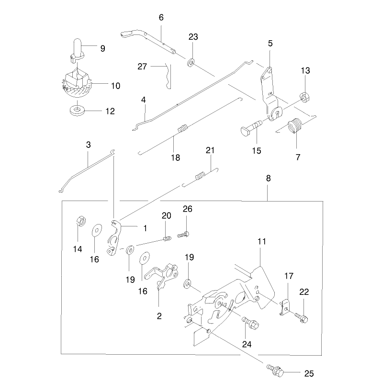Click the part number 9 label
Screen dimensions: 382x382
click(x=103, y=48)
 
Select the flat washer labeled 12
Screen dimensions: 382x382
click(x=77, y=111)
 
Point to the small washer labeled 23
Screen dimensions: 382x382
click(x=191, y=62)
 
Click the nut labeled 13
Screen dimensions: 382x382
click(x=305, y=97)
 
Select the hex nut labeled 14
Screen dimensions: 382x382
click(x=80, y=221)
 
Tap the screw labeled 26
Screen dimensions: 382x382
click(x=183, y=235)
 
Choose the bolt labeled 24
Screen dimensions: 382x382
click(x=250, y=323)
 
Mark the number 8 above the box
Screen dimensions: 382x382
click(x=268, y=179)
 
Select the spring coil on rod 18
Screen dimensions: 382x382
click(x=183, y=128)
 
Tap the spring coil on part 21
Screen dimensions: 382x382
click(x=200, y=176)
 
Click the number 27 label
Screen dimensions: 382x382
click(x=142, y=67)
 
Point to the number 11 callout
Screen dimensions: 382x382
click(x=262, y=242)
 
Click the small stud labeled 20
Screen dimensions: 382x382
click(x=167, y=238)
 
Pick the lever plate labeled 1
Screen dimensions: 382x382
click(x=114, y=238)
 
